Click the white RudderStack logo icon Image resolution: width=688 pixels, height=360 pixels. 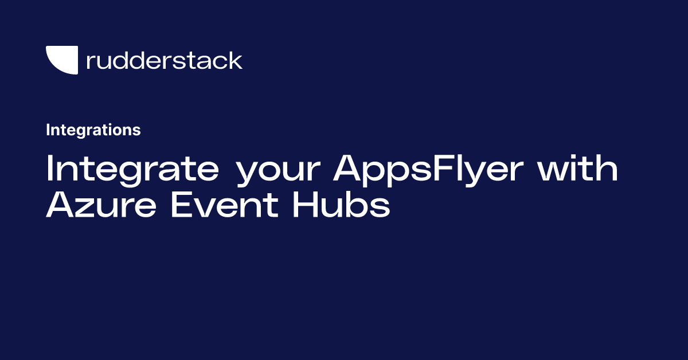62,60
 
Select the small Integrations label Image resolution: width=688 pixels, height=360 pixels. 93,130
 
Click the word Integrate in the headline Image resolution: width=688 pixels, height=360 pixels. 132,169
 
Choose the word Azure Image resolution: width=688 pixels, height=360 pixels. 101,205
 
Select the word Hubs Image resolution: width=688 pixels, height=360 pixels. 341,205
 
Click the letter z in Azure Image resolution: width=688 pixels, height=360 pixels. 86,207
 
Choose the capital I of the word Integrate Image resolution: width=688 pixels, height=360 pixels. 50,169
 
